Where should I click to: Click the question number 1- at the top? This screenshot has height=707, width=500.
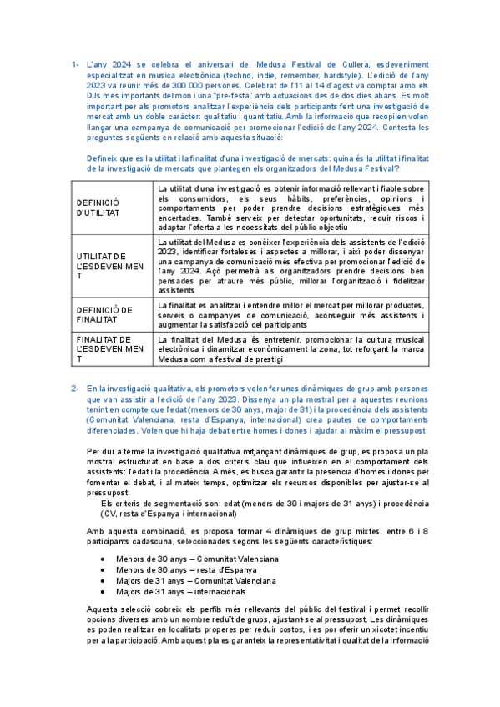(x=74, y=63)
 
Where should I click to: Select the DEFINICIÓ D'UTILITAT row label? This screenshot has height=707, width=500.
(x=98, y=208)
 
